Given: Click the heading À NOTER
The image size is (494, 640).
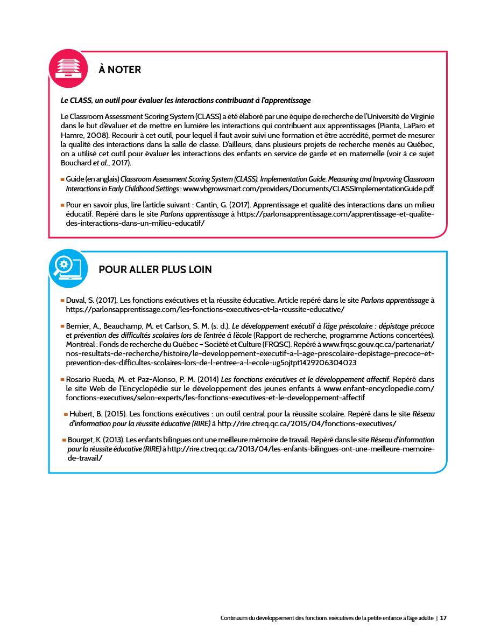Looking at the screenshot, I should click(x=120, y=69).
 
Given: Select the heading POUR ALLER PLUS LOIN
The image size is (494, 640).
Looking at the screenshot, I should click(x=155, y=270).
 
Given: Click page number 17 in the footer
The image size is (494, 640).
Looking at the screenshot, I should click(x=443, y=618).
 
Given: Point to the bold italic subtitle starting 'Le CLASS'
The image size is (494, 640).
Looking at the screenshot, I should click(x=186, y=100).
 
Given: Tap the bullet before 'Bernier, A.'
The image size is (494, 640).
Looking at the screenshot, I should click(x=62, y=326).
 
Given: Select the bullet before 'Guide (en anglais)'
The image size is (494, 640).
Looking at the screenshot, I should click(x=62, y=179).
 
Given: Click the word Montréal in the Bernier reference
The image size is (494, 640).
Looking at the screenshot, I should click(x=81, y=343).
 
